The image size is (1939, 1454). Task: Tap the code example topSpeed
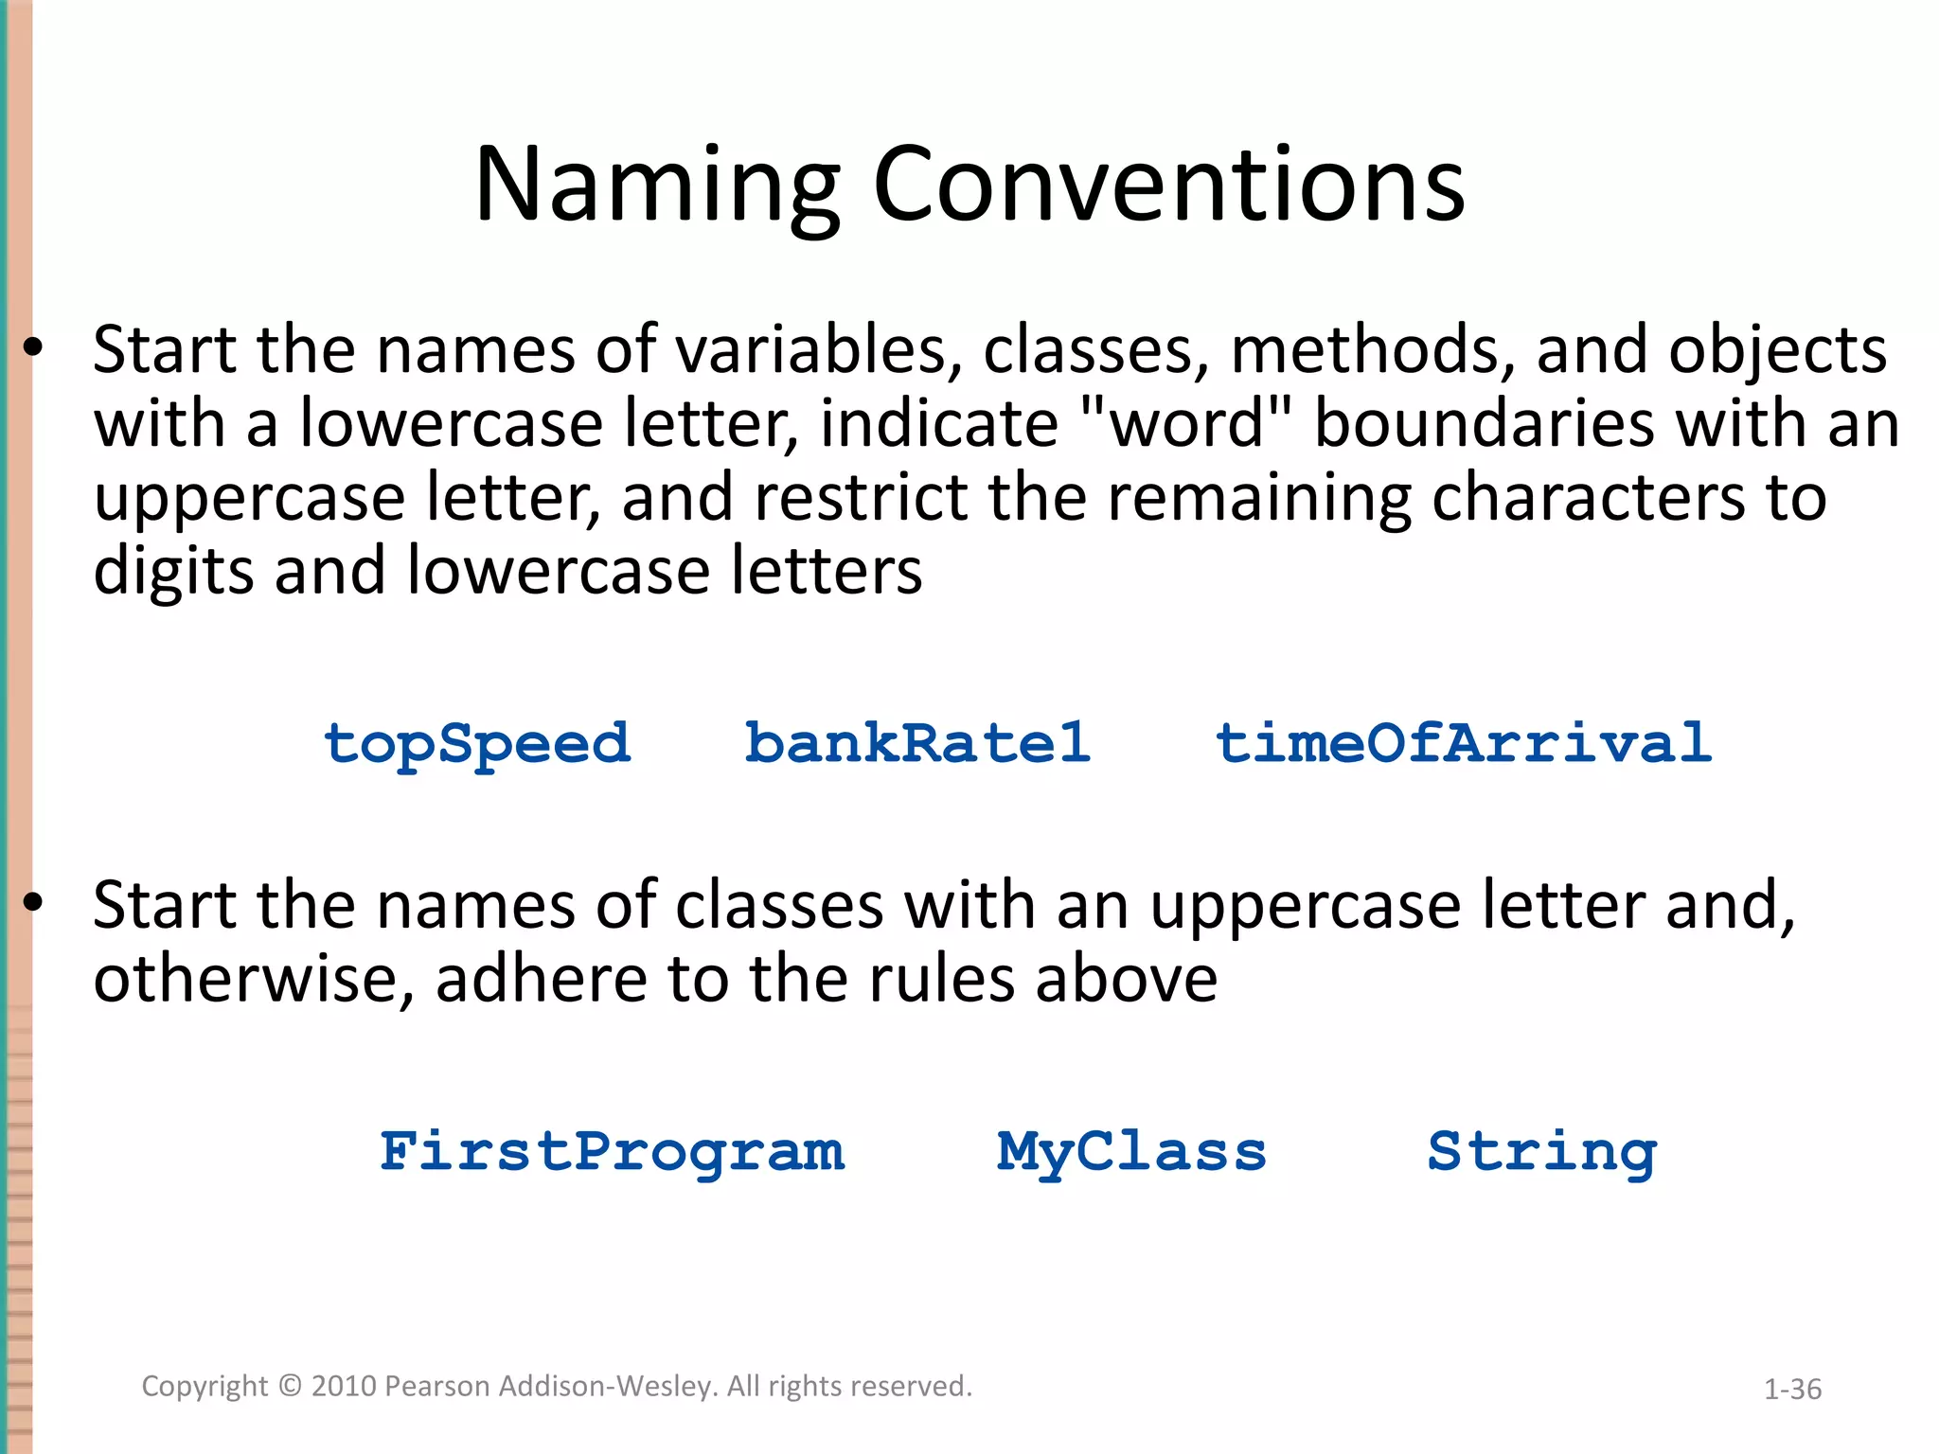tap(476, 744)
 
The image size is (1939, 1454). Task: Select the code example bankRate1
tap(917, 743)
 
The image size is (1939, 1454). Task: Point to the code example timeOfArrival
tap(1464, 743)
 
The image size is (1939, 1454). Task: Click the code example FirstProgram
tap(612, 1152)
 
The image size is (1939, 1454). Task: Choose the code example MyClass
tap(1131, 1153)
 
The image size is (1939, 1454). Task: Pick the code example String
tap(1542, 1153)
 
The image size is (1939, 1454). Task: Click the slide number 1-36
tap(1792, 1390)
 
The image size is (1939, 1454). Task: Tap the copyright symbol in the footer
tap(291, 1386)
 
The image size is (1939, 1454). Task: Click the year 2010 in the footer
tap(345, 1386)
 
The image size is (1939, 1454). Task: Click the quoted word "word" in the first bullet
tap(1186, 423)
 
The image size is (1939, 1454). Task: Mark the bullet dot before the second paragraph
tap(33, 903)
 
